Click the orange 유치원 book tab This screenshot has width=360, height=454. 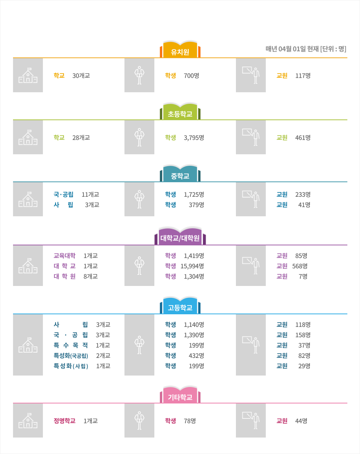click(180, 49)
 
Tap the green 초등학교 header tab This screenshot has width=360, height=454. click(180, 111)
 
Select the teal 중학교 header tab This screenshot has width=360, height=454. click(180, 174)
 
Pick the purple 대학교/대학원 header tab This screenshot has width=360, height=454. click(180, 236)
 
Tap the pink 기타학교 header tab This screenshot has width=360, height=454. click(180, 395)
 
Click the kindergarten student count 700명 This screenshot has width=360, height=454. click(191, 75)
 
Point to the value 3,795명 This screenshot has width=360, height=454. click(194, 137)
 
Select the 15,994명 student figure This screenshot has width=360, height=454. click(192, 266)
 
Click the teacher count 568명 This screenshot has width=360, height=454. click(300, 266)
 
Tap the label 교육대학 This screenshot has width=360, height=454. click(65, 256)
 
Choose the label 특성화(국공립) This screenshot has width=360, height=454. click(71, 356)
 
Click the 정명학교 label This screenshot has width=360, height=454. click(65, 421)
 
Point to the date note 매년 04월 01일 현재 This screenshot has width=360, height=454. click(292, 49)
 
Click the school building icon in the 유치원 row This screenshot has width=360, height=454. click(28, 75)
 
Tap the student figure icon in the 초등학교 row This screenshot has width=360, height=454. click(139, 137)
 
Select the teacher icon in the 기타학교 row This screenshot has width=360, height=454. click(251, 420)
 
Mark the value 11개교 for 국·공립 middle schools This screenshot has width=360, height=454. click(90, 194)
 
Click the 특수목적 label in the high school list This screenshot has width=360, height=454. click(71, 345)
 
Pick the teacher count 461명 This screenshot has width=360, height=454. click(303, 137)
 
